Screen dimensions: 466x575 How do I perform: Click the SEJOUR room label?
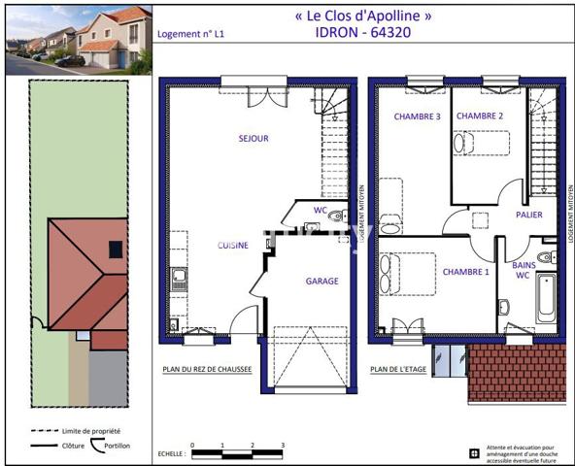point(254,139)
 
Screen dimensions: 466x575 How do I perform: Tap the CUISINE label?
point(232,246)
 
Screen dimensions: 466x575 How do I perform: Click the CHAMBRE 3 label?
point(417,116)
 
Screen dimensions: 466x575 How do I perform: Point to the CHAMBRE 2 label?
point(480,116)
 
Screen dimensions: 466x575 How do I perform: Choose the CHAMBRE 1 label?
point(465,272)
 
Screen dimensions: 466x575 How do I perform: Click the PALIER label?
point(529,216)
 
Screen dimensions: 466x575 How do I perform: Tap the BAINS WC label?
point(522,269)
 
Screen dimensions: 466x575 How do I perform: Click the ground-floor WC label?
point(320,210)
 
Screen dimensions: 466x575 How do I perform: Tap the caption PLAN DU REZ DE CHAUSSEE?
point(207,370)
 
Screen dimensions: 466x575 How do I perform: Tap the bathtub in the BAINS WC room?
point(546,301)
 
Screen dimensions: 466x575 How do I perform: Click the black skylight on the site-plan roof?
point(116,250)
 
